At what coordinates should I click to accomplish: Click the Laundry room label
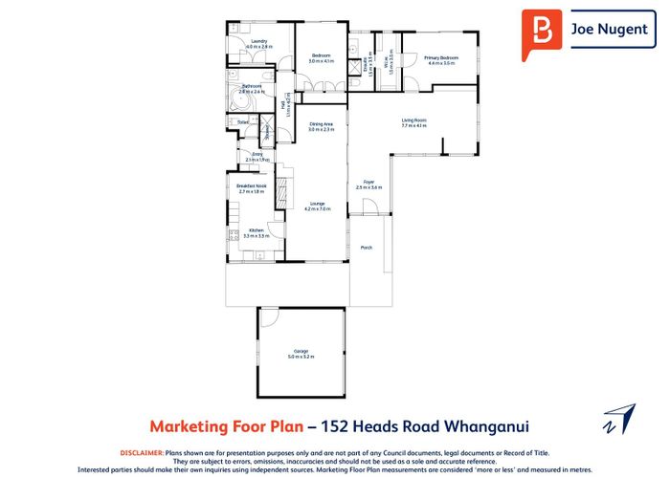(x=259, y=42)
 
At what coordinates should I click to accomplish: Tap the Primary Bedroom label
(x=442, y=58)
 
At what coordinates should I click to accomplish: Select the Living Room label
(x=413, y=120)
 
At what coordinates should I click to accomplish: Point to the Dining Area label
(x=321, y=124)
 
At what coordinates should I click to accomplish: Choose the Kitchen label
(x=256, y=229)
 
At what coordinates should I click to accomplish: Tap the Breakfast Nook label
(x=251, y=186)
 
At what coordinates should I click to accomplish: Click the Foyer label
(x=368, y=180)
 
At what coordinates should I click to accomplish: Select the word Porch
(x=366, y=248)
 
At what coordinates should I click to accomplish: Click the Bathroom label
(x=252, y=86)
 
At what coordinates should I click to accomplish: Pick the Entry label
(x=257, y=154)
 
